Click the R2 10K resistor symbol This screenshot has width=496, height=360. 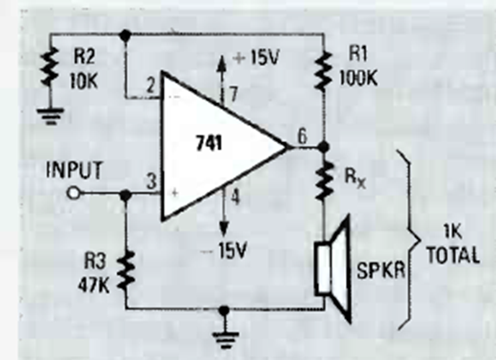50,67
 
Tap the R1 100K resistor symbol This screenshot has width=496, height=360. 323,70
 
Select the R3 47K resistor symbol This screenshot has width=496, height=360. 126,270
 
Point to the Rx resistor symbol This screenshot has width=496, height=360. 324,180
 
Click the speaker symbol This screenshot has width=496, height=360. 332,269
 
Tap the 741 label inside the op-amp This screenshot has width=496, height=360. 209,143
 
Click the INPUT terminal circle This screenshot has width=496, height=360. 74,193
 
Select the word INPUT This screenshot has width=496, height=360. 75,170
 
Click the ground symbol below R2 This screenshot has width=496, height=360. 51,116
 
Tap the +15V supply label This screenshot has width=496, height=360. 256,58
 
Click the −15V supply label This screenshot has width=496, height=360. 224,252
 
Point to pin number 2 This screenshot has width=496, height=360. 151,85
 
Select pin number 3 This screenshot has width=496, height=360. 152,182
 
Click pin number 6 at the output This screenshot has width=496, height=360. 302,137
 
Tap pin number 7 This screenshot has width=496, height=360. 234,94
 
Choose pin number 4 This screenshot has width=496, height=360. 236,197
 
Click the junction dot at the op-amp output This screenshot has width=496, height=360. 324,147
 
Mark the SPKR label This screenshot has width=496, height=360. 380,271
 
